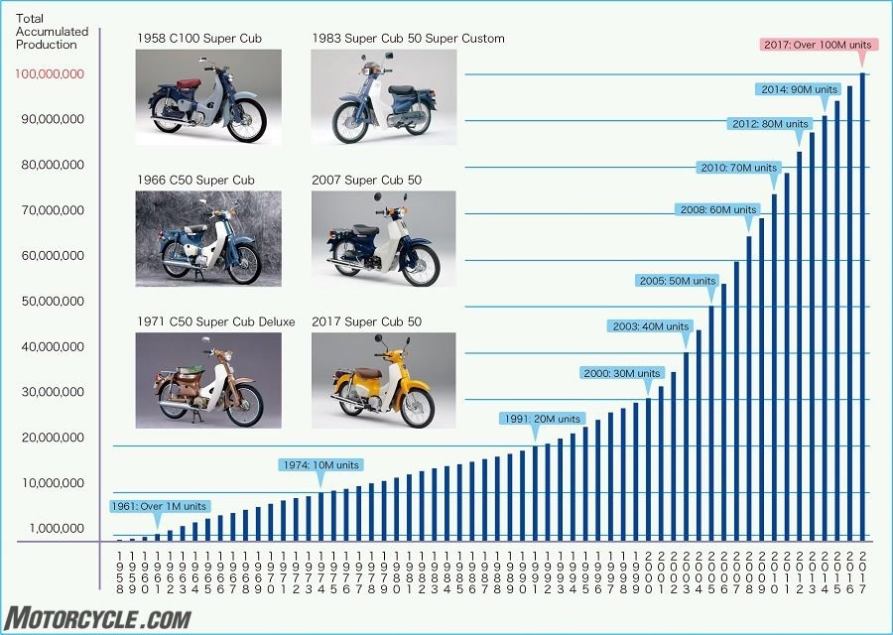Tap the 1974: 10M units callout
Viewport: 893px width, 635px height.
pos(319,464)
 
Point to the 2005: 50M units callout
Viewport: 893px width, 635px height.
pos(678,281)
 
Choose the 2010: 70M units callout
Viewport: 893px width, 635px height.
pos(738,168)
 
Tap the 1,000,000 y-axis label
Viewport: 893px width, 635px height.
pos(58,528)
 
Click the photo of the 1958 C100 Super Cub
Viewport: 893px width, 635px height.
pos(208,98)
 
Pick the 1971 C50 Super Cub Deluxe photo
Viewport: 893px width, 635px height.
pos(208,380)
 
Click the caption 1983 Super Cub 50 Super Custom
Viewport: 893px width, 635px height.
pos(408,39)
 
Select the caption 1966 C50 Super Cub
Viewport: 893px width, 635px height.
pos(195,181)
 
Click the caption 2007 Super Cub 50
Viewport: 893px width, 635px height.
pos(366,181)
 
